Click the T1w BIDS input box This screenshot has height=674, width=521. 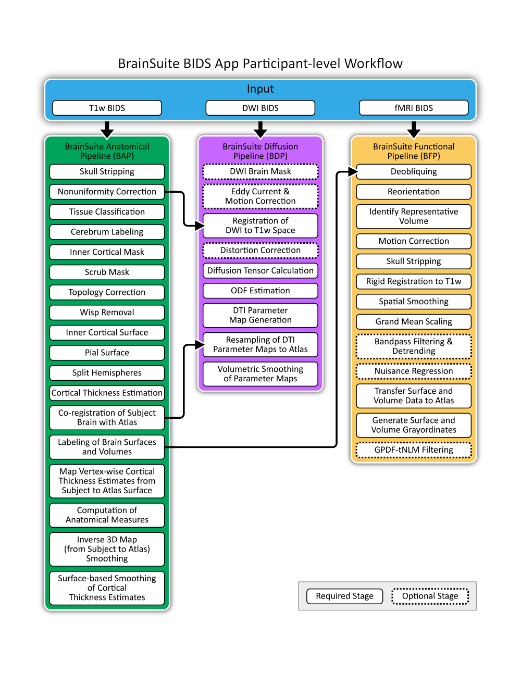(x=107, y=108)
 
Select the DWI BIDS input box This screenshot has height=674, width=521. (x=260, y=108)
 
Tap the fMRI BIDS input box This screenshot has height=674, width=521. (x=414, y=108)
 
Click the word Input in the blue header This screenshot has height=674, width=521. (x=260, y=89)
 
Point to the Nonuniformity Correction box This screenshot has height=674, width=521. (x=107, y=192)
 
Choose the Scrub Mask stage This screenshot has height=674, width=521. (x=107, y=272)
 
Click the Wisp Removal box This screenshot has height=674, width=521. (x=107, y=313)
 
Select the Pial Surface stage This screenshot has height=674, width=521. (x=107, y=353)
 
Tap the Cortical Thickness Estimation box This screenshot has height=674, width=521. (x=107, y=393)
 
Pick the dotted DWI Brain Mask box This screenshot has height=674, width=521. (x=260, y=171)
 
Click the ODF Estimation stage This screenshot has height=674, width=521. (x=260, y=291)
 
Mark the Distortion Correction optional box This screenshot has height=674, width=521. (x=260, y=251)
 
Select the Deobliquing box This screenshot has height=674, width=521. (x=414, y=171)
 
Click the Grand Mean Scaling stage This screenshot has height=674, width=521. (x=414, y=321)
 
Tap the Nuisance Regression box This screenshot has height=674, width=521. (x=414, y=371)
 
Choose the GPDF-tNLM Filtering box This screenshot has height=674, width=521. (x=414, y=450)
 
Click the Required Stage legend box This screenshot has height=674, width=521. (x=344, y=596)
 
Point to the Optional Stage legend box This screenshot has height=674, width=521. (x=430, y=596)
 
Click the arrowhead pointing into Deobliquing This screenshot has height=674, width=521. (x=353, y=171)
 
